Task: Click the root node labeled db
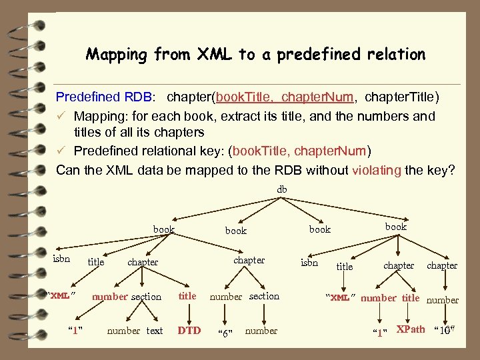click(282, 190)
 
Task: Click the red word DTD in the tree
click(189, 330)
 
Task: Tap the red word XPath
click(411, 329)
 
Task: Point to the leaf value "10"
click(444, 330)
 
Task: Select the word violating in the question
click(375, 170)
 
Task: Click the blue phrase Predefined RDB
click(105, 98)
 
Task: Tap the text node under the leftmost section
click(155, 331)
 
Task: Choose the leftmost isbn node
click(61, 259)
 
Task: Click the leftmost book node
click(163, 229)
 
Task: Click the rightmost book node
click(395, 227)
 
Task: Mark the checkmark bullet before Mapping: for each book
click(61, 116)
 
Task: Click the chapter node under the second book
click(249, 260)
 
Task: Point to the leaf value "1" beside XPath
click(380, 331)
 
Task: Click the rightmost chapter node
click(442, 265)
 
